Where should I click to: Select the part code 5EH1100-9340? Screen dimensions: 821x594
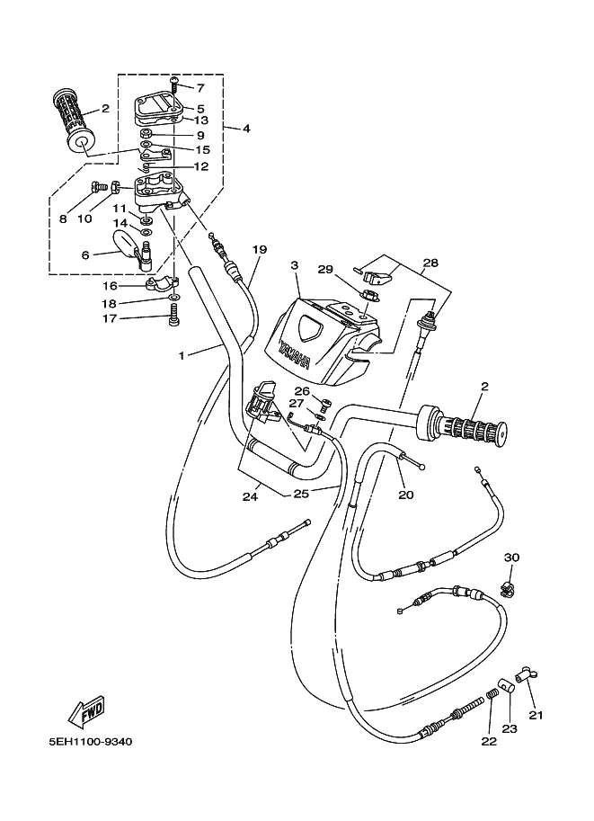click(91, 744)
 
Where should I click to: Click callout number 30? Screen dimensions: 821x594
click(511, 558)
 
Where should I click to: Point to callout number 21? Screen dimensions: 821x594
click(536, 715)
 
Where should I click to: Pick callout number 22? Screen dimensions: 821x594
click(488, 743)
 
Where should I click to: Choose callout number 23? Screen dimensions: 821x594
click(510, 729)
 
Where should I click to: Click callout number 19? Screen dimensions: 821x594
click(260, 249)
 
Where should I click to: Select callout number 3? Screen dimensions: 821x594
click(294, 266)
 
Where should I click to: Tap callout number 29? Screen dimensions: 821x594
click(324, 269)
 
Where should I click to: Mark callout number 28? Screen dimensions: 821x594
click(430, 263)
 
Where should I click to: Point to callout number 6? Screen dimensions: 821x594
click(85, 255)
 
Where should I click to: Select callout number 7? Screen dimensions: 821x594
click(199, 88)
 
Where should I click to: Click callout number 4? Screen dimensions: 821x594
click(245, 129)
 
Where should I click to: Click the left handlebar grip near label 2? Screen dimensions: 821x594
click(75, 120)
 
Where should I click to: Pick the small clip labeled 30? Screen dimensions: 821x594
click(509, 590)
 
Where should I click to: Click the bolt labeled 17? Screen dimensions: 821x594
click(173, 315)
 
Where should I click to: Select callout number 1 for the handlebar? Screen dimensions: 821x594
click(181, 356)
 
